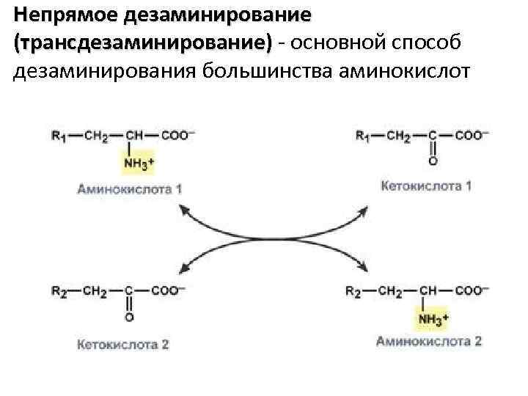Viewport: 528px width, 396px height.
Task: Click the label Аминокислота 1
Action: pos(130,188)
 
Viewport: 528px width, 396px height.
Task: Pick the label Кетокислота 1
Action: pos(427,186)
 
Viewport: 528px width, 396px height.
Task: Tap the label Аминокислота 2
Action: pos(429,341)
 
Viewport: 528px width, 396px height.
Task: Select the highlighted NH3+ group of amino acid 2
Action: pos(433,318)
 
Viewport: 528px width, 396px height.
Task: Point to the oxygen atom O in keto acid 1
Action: pos(433,160)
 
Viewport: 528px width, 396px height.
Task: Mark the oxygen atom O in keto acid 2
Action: pos(129,317)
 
